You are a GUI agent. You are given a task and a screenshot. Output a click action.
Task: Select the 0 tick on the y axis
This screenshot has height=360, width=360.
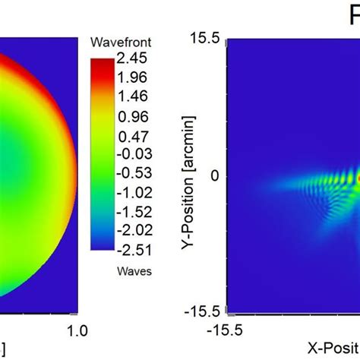(215, 175)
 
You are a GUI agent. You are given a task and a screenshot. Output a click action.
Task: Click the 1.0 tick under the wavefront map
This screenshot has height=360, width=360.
(78, 331)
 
